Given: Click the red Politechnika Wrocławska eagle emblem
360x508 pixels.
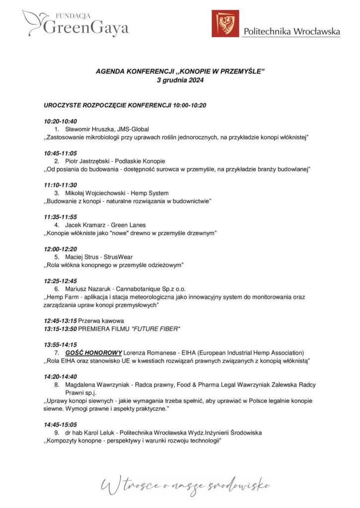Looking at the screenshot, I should click(x=225, y=24).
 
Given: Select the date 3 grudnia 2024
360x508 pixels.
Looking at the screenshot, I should click(x=180, y=80).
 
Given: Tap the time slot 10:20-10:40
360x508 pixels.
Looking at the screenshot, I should click(x=61, y=121).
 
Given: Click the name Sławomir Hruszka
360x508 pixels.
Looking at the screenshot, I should click(x=86, y=128).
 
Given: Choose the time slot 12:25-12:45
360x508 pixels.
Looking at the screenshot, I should click(x=61, y=281).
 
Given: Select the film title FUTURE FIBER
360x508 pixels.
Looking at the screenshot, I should click(x=155, y=328).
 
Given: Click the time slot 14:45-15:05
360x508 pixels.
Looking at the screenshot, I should click(x=61, y=425).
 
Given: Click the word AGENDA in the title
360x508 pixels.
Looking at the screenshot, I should click(x=110, y=72).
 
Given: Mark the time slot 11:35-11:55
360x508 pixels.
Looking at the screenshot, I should click(x=61, y=217).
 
